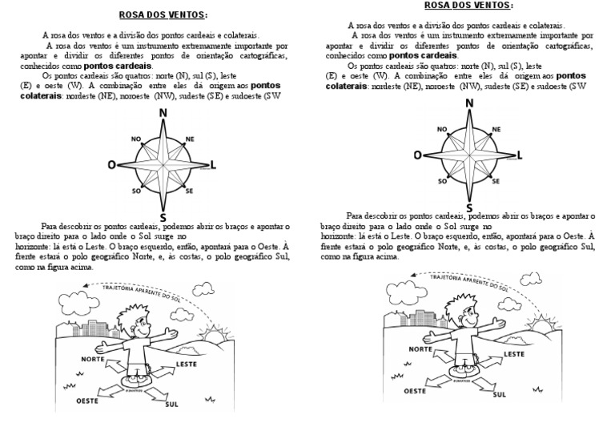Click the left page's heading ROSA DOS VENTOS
tap(162, 14)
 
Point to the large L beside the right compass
tap(520, 155)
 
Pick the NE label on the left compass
tap(190, 139)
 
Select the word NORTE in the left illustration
tap(93, 359)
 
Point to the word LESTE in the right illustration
tap(513, 352)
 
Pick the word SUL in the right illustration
tap(499, 393)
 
